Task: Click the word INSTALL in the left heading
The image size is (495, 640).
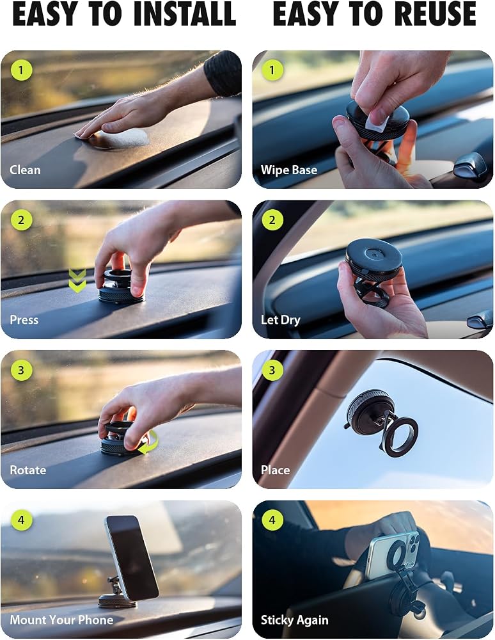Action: click(185, 13)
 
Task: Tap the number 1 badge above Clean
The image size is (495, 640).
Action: click(21, 70)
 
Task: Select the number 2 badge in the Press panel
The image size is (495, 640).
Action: click(21, 220)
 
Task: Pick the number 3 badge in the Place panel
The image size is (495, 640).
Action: click(272, 370)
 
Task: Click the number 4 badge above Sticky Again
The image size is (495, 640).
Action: click(272, 520)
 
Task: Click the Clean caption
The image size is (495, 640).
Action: click(25, 170)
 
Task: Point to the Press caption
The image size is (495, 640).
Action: click(24, 319)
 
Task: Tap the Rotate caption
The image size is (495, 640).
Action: click(27, 470)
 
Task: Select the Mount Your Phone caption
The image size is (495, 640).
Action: click(61, 620)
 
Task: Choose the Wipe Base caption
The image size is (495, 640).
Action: click(289, 170)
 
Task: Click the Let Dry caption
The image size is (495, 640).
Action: click(281, 320)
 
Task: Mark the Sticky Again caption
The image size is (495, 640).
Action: click(294, 620)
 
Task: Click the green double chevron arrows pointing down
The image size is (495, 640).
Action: click(77, 280)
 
